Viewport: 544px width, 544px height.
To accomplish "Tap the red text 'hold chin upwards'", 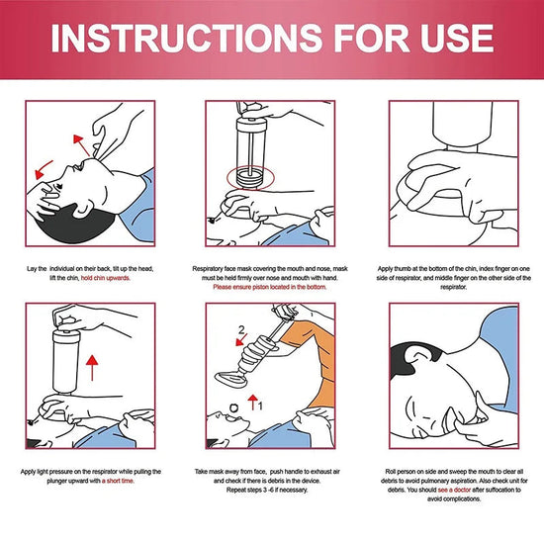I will (x=128, y=279).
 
